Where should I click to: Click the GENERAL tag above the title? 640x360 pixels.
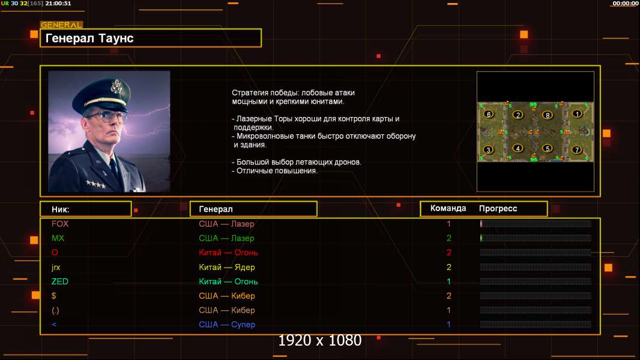(x=61, y=25)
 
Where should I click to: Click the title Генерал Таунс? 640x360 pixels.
(x=89, y=38)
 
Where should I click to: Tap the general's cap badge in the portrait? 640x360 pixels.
(x=116, y=86)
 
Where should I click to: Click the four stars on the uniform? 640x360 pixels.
(x=96, y=184)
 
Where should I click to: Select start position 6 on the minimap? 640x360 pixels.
(x=489, y=115)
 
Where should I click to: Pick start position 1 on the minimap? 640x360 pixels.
(x=577, y=114)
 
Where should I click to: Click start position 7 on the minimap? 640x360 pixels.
(x=577, y=149)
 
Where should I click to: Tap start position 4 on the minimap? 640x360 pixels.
(x=518, y=148)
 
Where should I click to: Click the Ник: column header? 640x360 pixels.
(x=61, y=209)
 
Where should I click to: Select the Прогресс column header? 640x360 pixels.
(x=498, y=209)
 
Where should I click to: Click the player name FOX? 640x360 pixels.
(x=60, y=224)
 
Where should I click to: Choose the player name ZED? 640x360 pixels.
(x=59, y=281)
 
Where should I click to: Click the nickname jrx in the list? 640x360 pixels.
(x=56, y=268)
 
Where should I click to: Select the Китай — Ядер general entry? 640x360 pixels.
(x=226, y=267)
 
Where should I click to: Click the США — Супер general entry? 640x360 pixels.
(x=227, y=325)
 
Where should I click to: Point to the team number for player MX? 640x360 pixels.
(x=448, y=238)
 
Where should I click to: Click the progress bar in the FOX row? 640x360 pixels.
(x=536, y=223)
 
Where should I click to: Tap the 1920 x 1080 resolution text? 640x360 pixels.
(x=319, y=340)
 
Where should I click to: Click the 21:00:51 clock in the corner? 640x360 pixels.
(x=58, y=3)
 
